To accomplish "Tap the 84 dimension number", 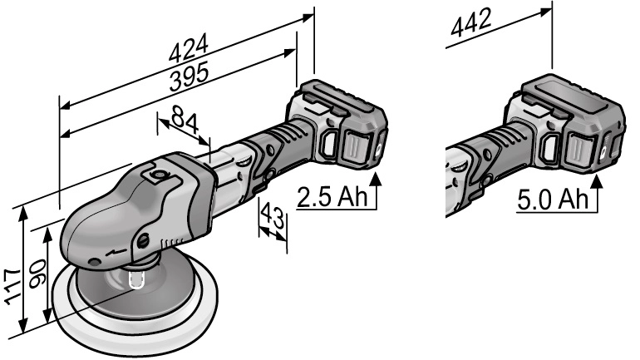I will tap(185, 125).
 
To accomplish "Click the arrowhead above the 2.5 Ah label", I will tap(377, 179).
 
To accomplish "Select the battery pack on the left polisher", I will tap(337, 125).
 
